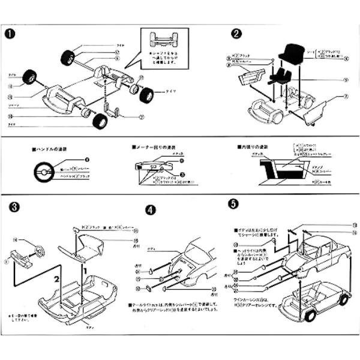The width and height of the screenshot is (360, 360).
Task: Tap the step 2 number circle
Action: click(237, 34)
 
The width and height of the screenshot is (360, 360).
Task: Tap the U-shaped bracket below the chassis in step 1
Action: click(113, 112)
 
